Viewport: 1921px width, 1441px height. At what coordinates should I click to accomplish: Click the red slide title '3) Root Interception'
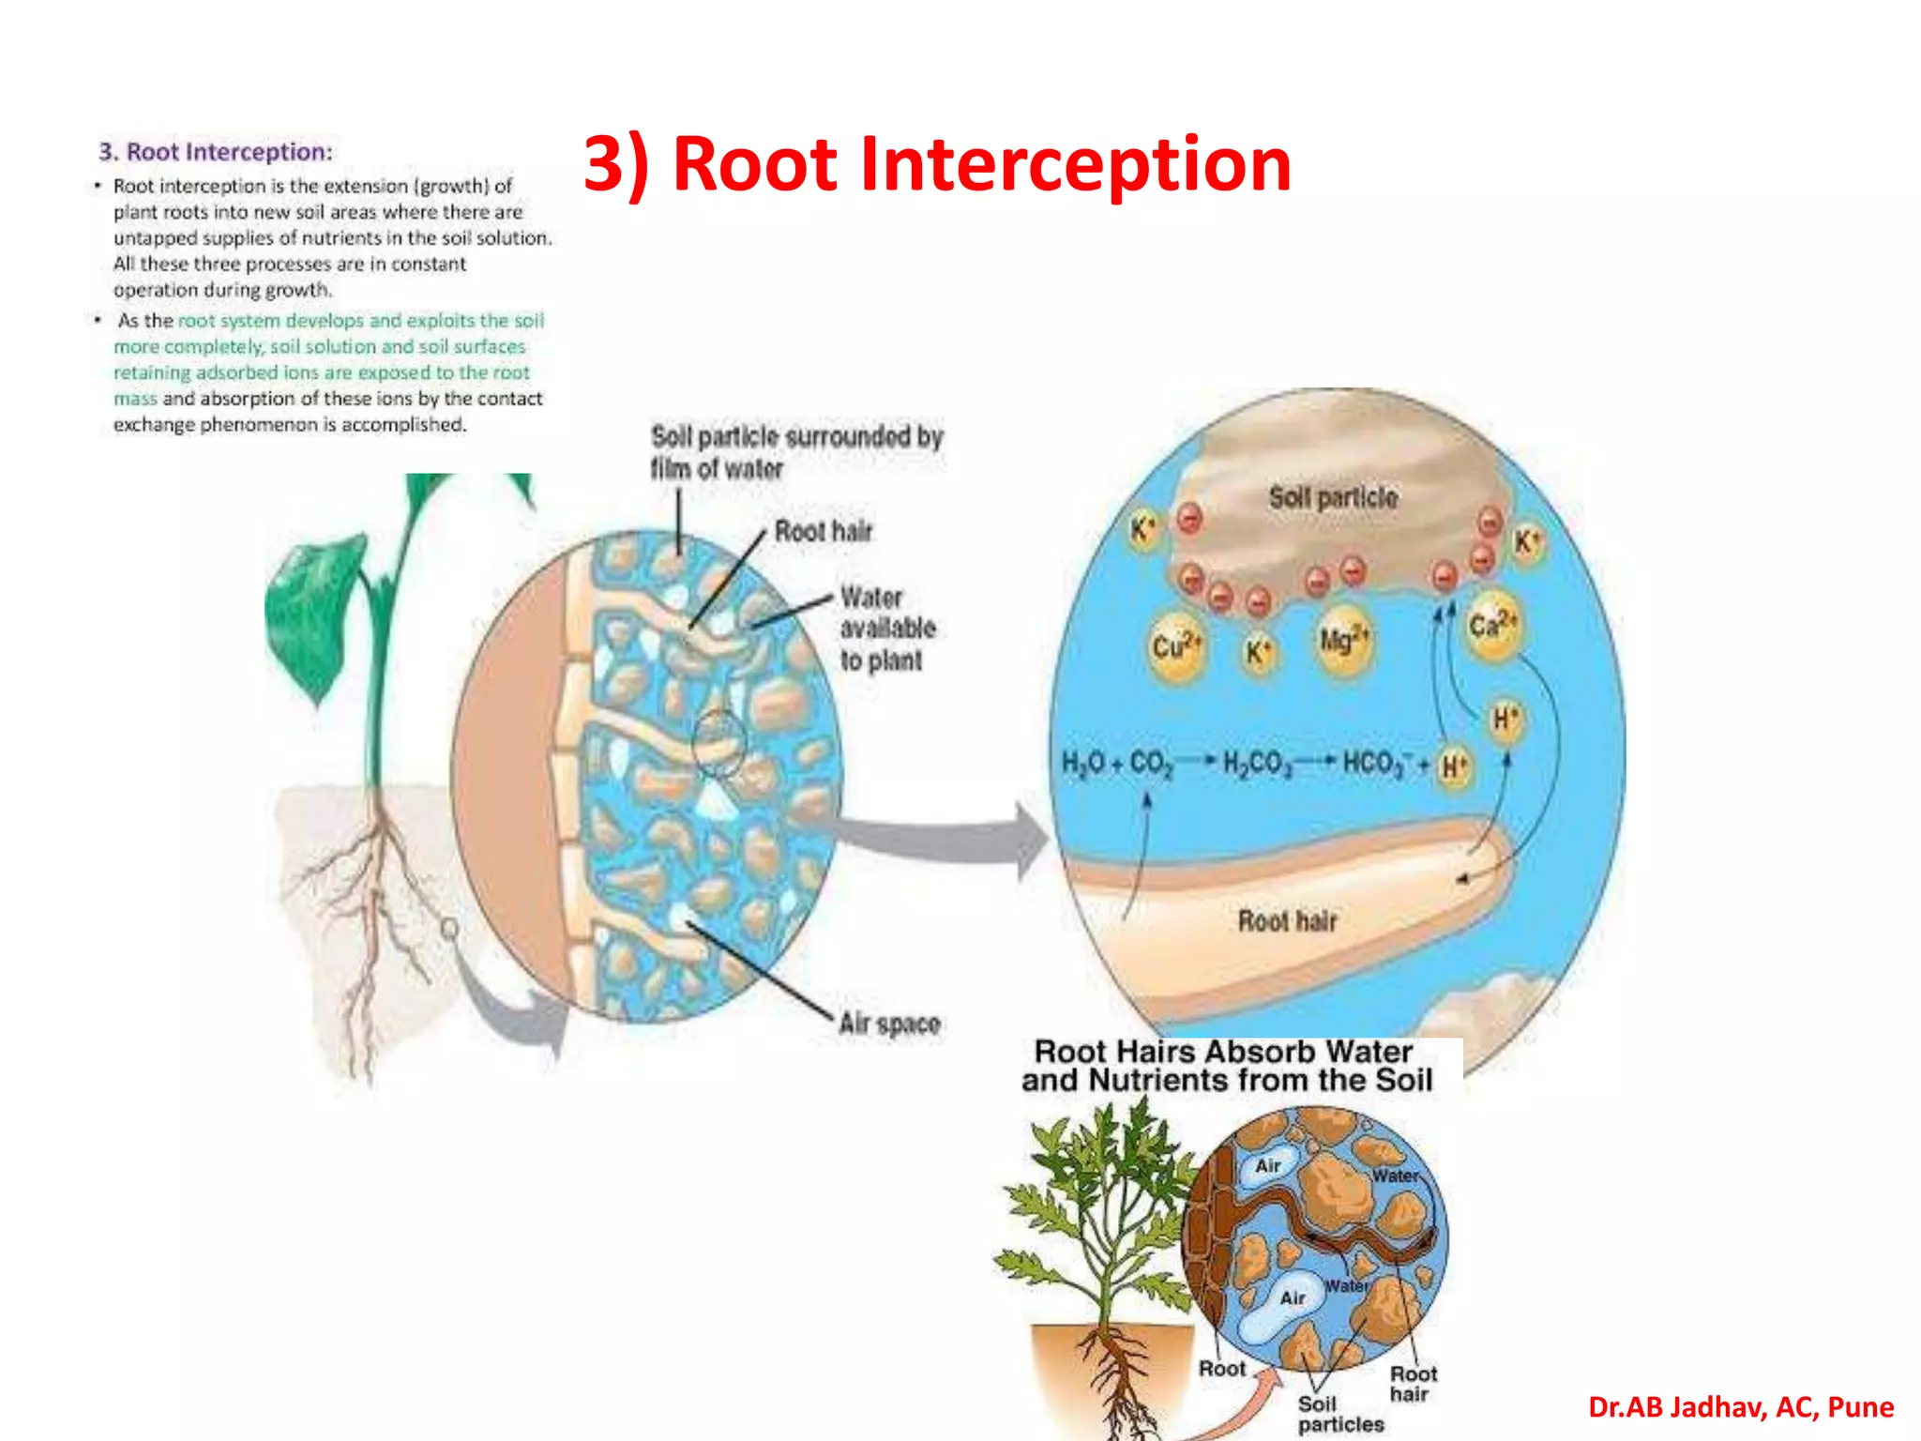tap(936, 164)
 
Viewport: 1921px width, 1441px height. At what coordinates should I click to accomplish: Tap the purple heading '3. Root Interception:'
tap(216, 152)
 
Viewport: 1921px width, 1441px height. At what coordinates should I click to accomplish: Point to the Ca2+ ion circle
tap(1491, 626)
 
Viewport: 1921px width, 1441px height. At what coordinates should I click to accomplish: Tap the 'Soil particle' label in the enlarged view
tap(1332, 497)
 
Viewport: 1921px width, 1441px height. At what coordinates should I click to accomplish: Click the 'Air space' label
tap(889, 1023)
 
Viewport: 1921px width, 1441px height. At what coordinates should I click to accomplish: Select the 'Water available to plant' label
tap(886, 629)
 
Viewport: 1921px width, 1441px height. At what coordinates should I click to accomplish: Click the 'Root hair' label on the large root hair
tap(1287, 921)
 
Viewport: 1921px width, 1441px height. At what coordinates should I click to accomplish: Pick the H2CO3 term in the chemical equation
tap(1257, 763)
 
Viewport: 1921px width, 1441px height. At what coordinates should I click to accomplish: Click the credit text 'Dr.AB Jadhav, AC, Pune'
tap(1740, 1407)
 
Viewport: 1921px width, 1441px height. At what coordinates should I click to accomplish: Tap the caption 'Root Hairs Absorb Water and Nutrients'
tap(1226, 1066)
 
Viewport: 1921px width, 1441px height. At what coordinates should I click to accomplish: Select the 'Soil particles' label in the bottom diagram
tap(1339, 1414)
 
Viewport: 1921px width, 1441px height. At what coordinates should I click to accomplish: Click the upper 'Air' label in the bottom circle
tap(1268, 1165)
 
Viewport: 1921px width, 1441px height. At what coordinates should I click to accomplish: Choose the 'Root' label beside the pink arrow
tap(1221, 1369)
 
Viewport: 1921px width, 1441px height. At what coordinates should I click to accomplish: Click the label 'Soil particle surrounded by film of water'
tap(795, 452)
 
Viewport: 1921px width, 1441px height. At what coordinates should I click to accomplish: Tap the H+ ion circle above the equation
tap(1505, 720)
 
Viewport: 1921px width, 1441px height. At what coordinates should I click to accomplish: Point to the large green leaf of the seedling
tap(314, 610)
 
